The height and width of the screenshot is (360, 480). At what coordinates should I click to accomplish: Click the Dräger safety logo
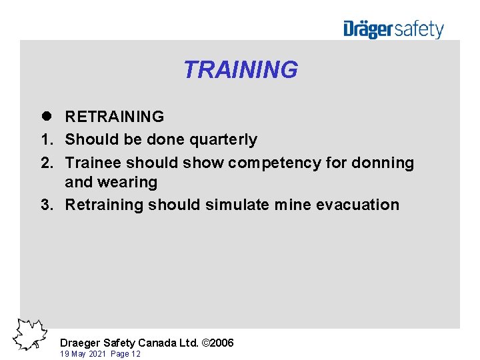click(x=393, y=29)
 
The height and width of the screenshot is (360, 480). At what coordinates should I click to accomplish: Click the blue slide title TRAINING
click(x=240, y=69)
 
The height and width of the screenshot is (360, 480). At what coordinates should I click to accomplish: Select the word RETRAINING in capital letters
click(x=114, y=117)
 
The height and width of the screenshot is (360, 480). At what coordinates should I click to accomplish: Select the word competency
click(x=275, y=163)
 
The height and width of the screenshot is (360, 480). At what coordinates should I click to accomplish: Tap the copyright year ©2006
click(x=217, y=343)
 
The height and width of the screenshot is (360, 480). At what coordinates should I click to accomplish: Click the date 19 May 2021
click(x=83, y=354)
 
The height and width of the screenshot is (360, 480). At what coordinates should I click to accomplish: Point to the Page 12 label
click(x=125, y=354)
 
